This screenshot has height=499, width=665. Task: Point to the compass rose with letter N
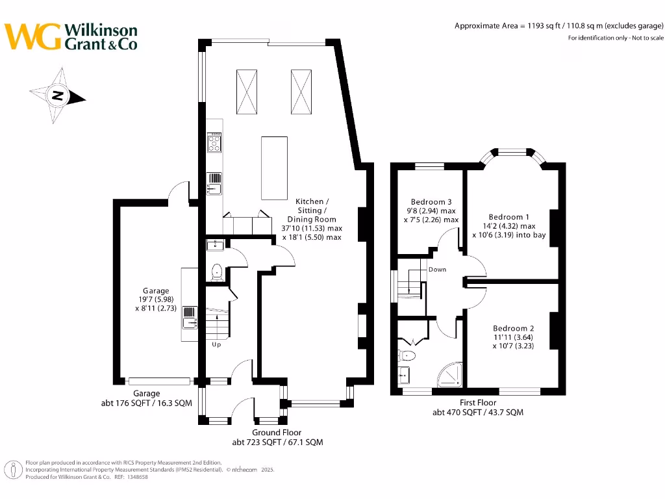58,96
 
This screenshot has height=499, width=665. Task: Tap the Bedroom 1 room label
509,217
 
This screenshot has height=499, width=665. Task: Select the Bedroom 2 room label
513,328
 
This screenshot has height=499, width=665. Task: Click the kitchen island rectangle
274,168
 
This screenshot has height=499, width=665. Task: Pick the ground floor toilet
217,272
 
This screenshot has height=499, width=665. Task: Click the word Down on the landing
437,269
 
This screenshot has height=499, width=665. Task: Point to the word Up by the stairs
216,344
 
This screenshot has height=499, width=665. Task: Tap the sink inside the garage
190,318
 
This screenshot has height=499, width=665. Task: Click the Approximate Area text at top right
558,26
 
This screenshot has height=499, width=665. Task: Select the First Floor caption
478,403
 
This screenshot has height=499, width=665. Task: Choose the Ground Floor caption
277,433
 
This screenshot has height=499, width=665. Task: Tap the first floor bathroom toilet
407,355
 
